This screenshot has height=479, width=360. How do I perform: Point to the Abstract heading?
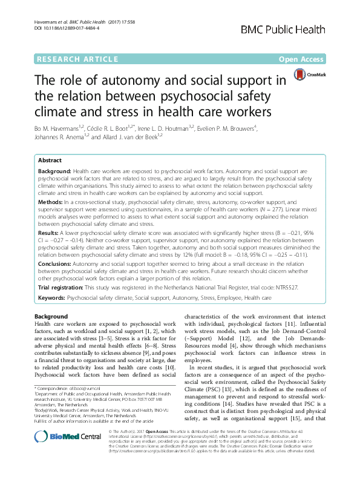(50, 160)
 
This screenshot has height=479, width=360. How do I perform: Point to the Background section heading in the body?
(51, 317)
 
